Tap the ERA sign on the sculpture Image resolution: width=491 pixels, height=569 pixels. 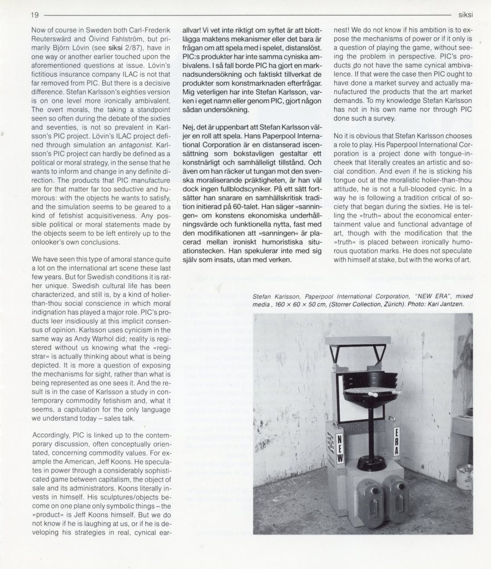point(397,443)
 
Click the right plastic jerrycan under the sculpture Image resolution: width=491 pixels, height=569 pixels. point(396,497)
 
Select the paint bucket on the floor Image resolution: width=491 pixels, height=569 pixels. point(464,476)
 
